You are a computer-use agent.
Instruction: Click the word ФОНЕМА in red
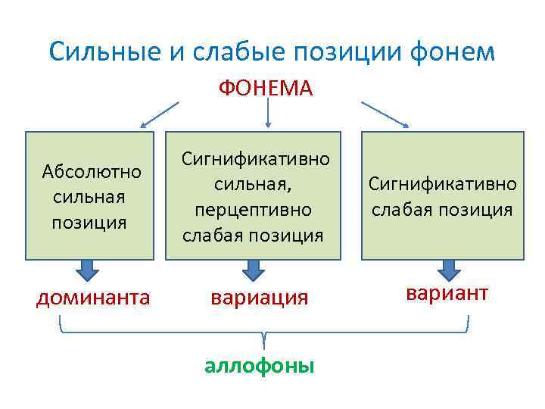[x=266, y=89]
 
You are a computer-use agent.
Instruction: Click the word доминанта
[x=93, y=298]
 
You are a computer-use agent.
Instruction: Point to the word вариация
[x=259, y=298]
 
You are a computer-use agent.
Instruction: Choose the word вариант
[x=447, y=293]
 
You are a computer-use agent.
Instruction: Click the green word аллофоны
[x=259, y=366]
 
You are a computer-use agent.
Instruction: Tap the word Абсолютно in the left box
[x=92, y=171]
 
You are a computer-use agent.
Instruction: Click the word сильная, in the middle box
[x=253, y=184]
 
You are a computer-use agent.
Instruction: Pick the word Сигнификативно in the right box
[x=443, y=184]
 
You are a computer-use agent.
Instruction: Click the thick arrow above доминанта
[x=89, y=270]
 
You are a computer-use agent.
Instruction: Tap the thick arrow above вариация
[x=253, y=270]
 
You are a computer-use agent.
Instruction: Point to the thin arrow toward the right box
[x=385, y=114]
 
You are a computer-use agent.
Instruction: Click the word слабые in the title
[x=220, y=52]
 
